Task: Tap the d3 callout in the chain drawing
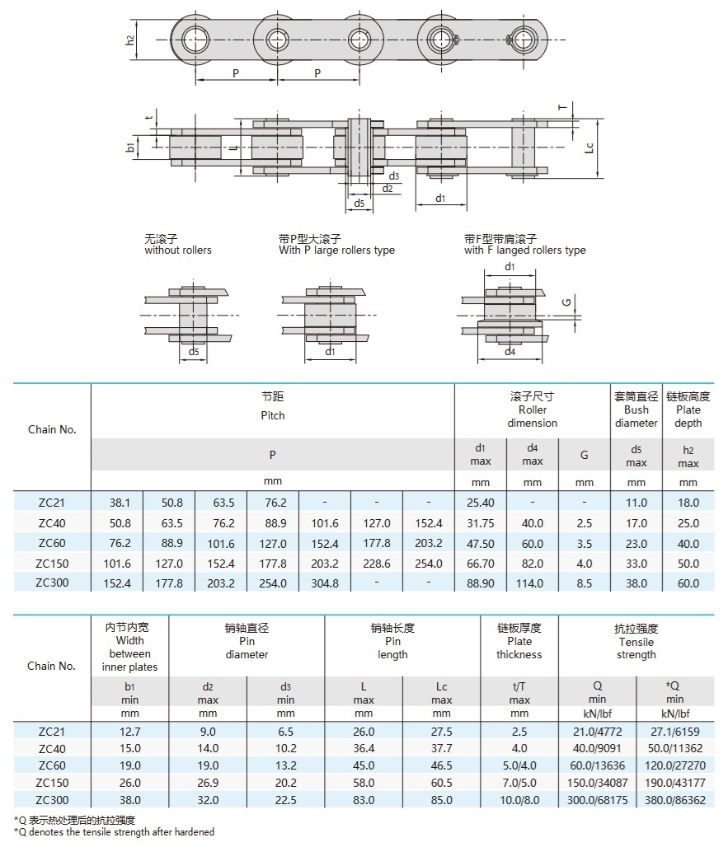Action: [x=394, y=175]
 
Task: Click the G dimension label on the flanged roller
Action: [x=566, y=303]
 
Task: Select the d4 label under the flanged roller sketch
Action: [x=510, y=352]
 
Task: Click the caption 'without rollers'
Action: [x=177, y=250]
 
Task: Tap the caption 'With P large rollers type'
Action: [x=336, y=250]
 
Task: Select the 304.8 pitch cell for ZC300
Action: [x=324, y=583]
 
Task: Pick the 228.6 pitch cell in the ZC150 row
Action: [x=377, y=564]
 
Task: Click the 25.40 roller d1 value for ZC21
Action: [x=480, y=503]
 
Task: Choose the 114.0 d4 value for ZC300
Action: [x=532, y=583]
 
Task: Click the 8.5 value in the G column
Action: [x=584, y=583]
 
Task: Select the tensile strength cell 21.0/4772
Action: [x=597, y=732]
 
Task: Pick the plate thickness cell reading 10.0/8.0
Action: [x=519, y=800]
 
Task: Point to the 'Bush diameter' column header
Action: [x=636, y=410]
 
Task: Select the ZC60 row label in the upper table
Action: [x=52, y=543]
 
